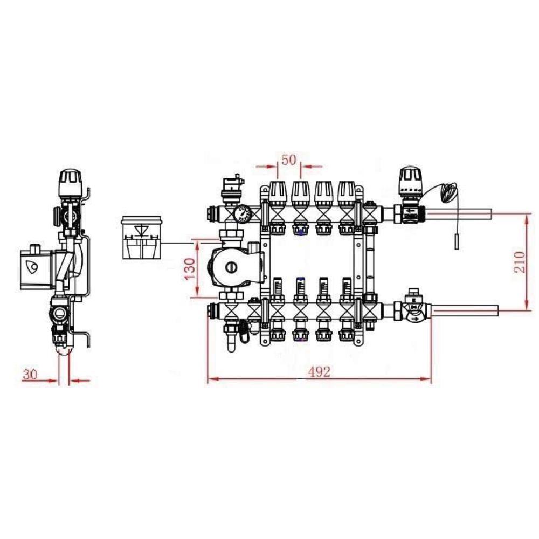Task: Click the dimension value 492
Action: (319, 371)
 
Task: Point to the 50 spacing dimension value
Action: (289, 160)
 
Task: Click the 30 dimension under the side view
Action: (30, 374)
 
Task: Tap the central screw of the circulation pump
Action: (231, 267)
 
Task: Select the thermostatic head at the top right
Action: (410, 181)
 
